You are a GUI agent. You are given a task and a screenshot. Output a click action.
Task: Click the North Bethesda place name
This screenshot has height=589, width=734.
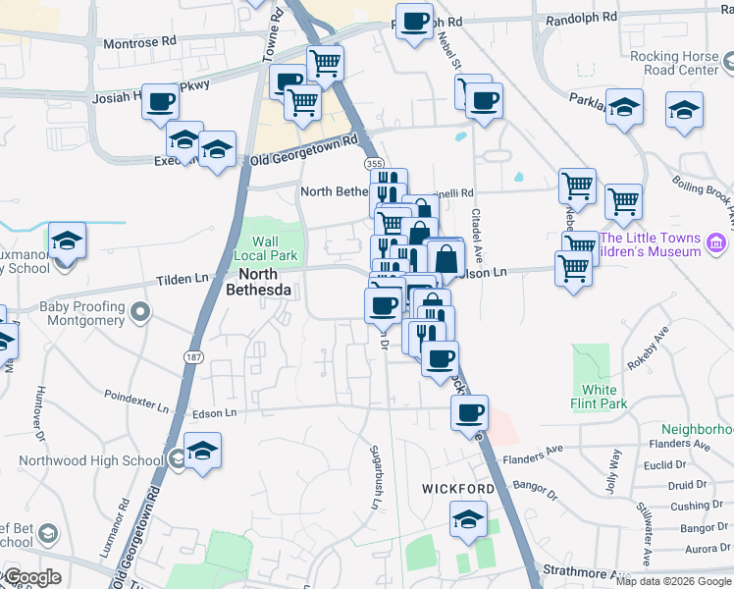(x=258, y=282)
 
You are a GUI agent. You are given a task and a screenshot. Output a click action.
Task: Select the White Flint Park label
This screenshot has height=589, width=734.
(x=598, y=395)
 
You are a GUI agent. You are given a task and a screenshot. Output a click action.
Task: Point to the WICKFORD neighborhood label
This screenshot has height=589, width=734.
(x=457, y=488)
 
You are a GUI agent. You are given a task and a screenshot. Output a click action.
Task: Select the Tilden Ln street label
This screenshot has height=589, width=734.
(x=183, y=280)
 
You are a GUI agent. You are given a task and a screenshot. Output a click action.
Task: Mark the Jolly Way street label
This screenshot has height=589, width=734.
(x=614, y=463)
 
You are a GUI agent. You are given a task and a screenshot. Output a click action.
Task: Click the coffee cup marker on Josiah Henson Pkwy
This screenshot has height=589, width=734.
(x=161, y=101)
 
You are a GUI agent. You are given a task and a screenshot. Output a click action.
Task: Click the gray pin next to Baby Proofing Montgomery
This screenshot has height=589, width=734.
(x=141, y=314)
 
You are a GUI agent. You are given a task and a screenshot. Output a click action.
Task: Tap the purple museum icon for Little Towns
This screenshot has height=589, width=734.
(x=715, y=242)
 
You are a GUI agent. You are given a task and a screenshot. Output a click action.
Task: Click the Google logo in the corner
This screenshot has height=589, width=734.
(x=31, y=577)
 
